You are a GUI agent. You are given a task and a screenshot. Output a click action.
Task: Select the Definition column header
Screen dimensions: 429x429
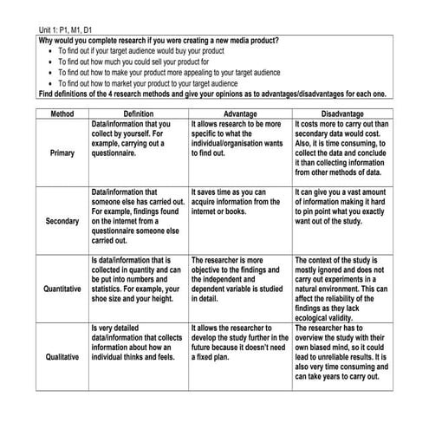[x=138, y=114]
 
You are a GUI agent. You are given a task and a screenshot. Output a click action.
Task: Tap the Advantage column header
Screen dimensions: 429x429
[x=239, y=114]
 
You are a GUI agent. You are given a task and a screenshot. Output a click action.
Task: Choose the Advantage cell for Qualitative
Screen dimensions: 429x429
[x=237, y=343]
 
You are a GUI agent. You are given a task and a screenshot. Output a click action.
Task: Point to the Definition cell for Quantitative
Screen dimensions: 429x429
[x=135, y=280]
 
